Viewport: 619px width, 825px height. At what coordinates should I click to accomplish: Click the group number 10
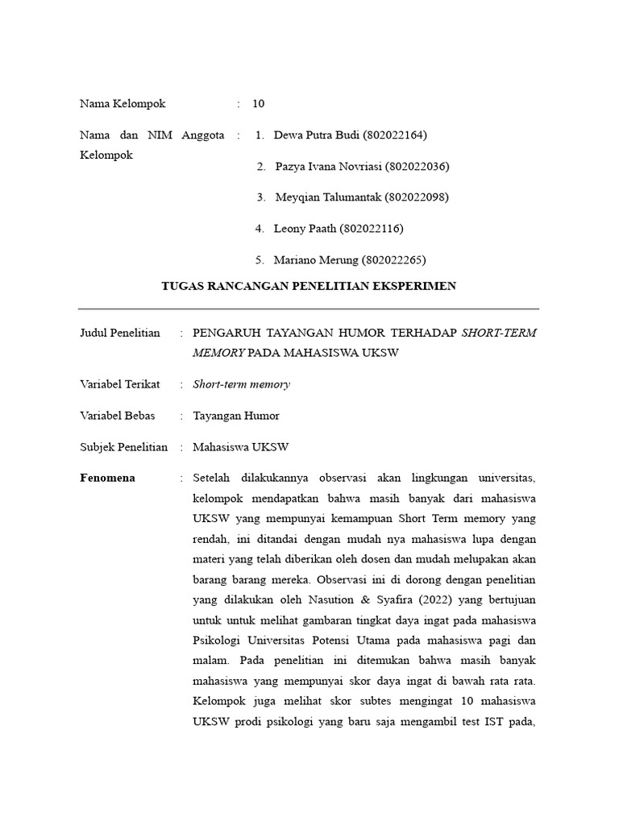(x=258, y=104)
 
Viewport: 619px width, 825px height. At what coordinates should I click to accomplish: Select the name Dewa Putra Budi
(x=317, y=135)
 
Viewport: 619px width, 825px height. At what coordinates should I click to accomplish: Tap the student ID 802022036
(x=417, y=167)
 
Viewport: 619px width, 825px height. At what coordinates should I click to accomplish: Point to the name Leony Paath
(x=305, y=229)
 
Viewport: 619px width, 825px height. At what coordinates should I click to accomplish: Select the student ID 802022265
(x=394, y=260)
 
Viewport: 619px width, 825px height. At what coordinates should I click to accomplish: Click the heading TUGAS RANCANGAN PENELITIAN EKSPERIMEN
(x=309, y=286)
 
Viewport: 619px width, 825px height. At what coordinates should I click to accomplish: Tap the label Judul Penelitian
(x=119, y=333)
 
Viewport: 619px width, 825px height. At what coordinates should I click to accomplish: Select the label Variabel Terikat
(x=119, y=384)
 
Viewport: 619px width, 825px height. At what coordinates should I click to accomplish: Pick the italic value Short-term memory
(x=241, y=384)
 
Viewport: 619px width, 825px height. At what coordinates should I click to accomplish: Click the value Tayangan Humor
(x=236, y=416)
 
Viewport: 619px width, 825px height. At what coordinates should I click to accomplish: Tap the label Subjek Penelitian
(x=123, y=447)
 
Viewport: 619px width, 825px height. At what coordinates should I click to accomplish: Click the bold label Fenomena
(x=107, y=479)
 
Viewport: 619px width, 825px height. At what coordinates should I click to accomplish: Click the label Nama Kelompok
(x=123, y=104)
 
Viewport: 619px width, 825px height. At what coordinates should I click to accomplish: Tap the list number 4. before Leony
(x=260, y=229)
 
